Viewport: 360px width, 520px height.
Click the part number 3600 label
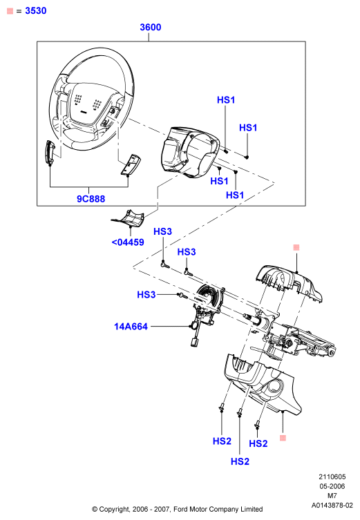tap(151, 27)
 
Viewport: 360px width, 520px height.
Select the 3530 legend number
tap(36, 10)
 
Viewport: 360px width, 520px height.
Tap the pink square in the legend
tap(10, 11)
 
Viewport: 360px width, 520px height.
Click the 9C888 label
tap(91, 199)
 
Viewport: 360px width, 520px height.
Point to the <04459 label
tap(128, 242)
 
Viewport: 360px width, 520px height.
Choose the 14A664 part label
tap(131, 327)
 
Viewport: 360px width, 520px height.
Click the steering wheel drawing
tap(92, 99)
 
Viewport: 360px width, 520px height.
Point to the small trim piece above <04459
tap(128, 219)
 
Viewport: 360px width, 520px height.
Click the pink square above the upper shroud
tap(296, 247)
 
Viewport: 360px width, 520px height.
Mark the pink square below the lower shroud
tap(283, 438)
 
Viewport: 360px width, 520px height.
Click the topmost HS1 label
tap(226, 100)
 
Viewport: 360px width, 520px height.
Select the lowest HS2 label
tap(240, 461)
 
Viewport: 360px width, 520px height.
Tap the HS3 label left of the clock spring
tap(146, 294)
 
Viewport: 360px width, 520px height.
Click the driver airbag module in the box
tap(190, 152)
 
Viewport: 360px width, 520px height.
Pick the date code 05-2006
tap(332, 486)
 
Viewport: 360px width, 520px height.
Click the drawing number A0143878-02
tap(332, 505)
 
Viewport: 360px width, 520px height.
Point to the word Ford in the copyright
tap(181, 509)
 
